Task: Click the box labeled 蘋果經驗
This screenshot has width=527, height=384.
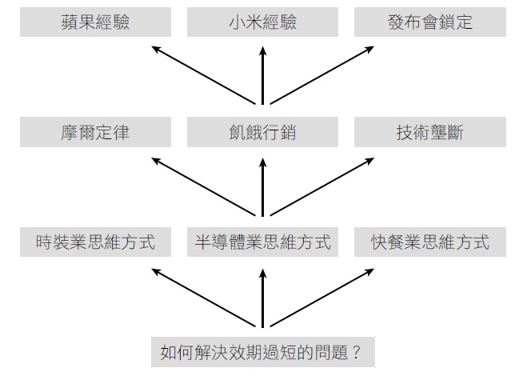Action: tap(95, 22)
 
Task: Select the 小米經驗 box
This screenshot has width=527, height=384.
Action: tap(263, 22)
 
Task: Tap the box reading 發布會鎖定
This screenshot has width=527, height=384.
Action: tap(430, 22)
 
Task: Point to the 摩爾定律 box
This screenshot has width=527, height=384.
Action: tap(95, 132)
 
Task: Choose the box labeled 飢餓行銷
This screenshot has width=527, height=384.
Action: tap(263, 132)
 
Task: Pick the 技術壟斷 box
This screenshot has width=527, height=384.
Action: tap(430, 132)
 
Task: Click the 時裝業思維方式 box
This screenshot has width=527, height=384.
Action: tap(95, 242)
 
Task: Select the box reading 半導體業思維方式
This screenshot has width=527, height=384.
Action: tap(263, 242)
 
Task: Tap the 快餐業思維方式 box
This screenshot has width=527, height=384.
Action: tap(430, 242)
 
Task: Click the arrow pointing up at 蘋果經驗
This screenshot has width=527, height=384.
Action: tap(203, 74)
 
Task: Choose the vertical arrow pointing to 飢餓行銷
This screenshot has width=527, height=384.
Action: tap(263, 186)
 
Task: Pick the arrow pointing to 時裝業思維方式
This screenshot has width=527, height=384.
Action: tap(203, 297)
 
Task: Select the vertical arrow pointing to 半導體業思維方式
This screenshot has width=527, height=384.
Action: tap(263, 297)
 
